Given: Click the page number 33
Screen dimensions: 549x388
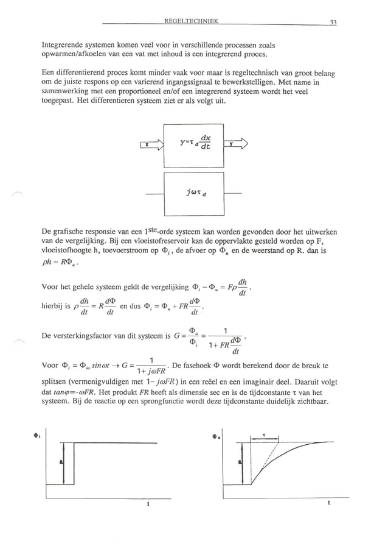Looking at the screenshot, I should point(333,23).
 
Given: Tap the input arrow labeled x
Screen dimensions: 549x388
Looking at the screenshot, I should point(152,144).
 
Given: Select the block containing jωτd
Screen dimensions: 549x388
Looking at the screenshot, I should point(194,194).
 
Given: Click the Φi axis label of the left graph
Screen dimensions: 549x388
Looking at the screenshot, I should point(37,436).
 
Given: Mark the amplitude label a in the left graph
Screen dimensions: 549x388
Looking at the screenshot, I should point(61,463).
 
